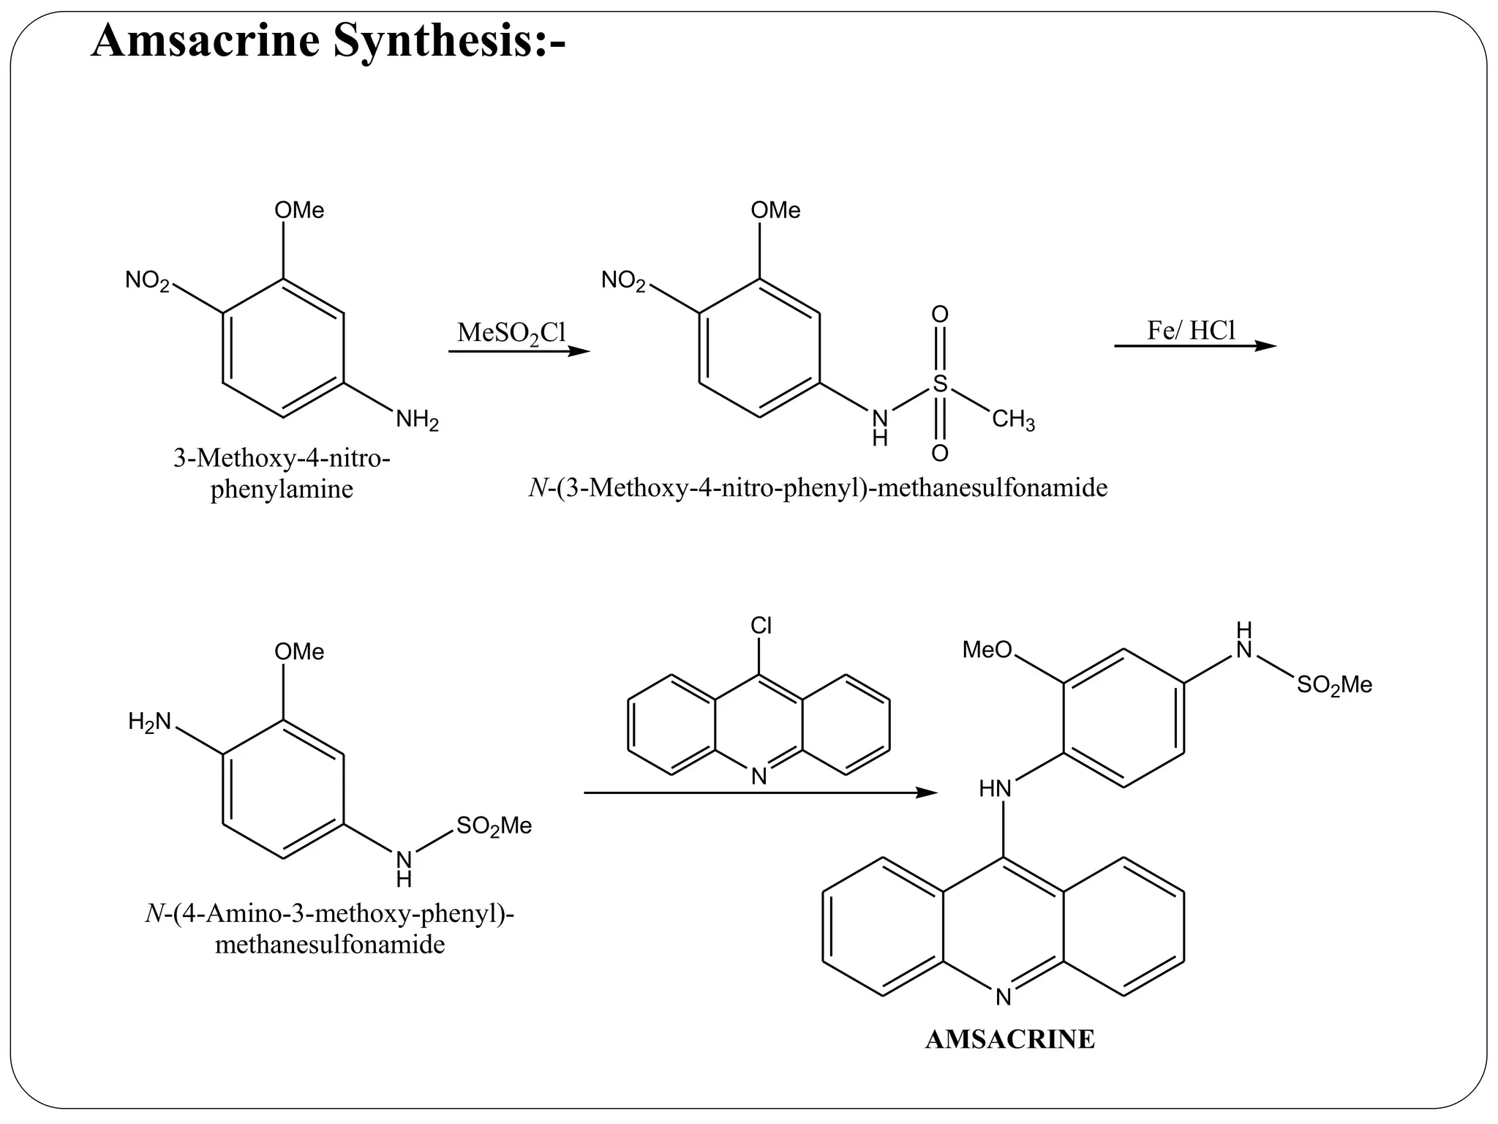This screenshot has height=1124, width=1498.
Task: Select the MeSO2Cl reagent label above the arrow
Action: pos(511,333)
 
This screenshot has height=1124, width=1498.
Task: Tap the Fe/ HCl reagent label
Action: pos(1191,331)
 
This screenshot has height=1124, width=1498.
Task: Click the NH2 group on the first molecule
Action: pos(417,421)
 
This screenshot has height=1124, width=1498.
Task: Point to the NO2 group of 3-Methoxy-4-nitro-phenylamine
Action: pos(147,280)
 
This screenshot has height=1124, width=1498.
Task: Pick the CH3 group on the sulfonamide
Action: pos(1013,421)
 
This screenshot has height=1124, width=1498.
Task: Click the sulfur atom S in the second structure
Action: pos(940,383)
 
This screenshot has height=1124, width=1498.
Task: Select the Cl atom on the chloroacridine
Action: pos(761,626)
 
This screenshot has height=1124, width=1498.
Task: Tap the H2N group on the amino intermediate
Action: pos(149,722)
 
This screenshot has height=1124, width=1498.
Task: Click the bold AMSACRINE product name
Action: pos(1009,1039)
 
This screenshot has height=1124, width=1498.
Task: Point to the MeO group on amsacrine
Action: pos(987,649)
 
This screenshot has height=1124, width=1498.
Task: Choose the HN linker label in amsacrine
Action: pos(995,789)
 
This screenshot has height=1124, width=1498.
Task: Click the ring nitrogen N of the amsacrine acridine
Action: pos(1003,997)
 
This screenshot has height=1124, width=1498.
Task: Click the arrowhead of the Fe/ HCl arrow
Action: pos(1267,345)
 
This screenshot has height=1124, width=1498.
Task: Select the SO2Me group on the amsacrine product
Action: pos(1334,686)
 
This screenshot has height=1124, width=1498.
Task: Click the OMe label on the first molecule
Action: pos(299,211)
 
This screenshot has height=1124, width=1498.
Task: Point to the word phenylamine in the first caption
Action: pos(282,489)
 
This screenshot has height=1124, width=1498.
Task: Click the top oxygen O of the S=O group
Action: pos(940,315)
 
